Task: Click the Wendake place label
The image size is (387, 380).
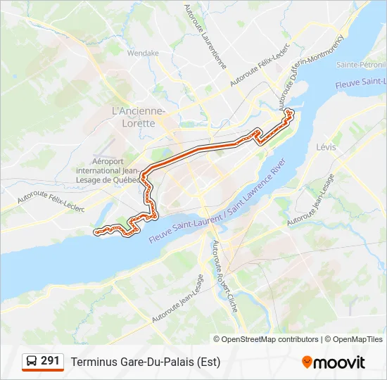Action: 143,53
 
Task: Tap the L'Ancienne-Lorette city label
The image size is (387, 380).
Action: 139,116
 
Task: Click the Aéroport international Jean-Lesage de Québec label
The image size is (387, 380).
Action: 107,170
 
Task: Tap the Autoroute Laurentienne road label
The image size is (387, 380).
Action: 205,37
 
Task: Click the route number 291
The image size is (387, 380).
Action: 50,361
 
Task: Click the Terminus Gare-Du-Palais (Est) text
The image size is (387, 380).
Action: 145,362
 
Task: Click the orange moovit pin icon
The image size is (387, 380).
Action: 307,362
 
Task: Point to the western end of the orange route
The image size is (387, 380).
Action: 96,230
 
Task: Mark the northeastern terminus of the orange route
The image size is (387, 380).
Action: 288,110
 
